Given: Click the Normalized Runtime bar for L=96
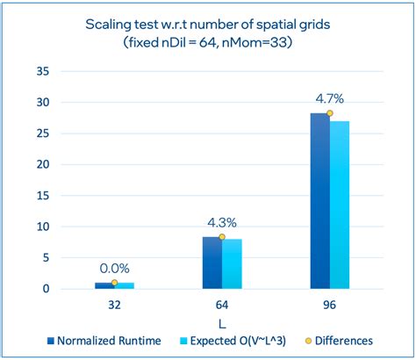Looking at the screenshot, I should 320,201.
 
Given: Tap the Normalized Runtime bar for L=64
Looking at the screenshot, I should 212,263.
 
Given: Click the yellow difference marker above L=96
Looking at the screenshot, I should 329,113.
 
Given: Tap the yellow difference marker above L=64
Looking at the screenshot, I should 221,237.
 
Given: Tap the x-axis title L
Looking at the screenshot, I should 221,321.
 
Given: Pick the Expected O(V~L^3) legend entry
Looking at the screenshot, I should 244,340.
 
